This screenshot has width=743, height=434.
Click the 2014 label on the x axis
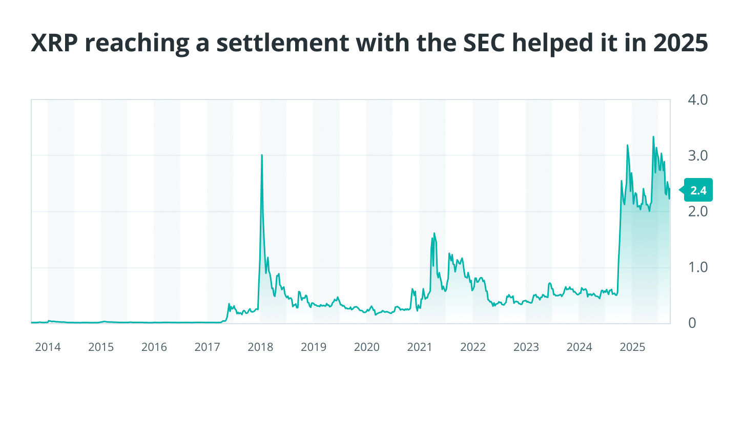point(48,347)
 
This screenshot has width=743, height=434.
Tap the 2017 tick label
point(207,347)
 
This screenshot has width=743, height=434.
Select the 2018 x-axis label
point(260,347)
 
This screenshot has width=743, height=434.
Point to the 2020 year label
point(367,347)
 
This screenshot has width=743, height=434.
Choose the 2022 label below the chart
point(473,347)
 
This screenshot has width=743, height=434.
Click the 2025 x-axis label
point(632,347)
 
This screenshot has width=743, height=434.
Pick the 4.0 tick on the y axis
point(697,100)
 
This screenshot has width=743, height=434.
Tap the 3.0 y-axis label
point(697,155)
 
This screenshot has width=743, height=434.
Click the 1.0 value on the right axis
point(697,267)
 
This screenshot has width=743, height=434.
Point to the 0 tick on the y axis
point(692,323)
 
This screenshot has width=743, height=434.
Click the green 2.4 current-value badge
point(698,190)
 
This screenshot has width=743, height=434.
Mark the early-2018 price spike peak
point(262,155)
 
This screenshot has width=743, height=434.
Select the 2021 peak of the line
point(434,233)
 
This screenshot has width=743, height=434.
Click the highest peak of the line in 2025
point(653,137)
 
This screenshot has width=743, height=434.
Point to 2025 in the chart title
point(680,43)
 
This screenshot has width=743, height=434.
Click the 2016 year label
point(154,347)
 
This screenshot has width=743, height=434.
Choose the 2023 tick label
point(526,347)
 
